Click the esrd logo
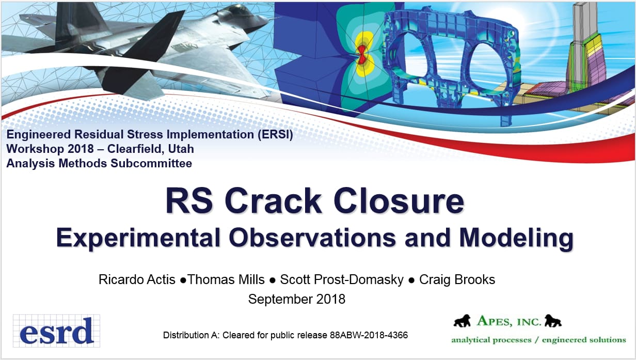pos(56,331)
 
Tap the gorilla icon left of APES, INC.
pos(462,321)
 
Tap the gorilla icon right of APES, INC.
pos(553,321)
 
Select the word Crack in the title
pos(273,200)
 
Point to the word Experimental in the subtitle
pos(138,238)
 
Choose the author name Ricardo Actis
pos(137,279)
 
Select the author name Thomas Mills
pos(226,279)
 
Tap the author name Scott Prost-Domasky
pos(342,279)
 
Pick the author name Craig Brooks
pos(457,279)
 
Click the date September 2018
pos(297,299)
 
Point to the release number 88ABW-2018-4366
pos(369,335)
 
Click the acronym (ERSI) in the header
pos(275,134)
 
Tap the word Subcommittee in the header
pos(151,163)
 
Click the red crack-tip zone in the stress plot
pos(362,55)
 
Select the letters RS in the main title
pos(189,200)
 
